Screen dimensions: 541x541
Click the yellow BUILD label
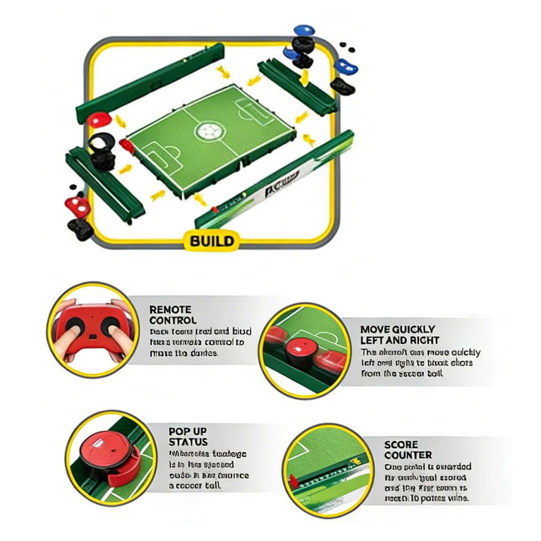[211, 241]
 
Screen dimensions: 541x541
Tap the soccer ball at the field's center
[208, 132]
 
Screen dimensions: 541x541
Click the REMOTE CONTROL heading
[170, 314]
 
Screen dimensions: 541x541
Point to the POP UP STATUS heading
[188, 436]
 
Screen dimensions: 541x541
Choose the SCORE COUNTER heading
[408, 449]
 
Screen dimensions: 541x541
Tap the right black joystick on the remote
[110, 323]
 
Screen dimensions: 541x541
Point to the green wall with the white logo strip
[276, 180]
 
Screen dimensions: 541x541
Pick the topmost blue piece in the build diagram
[304, 30]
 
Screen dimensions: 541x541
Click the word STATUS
[188, 442]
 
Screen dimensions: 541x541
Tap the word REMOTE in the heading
[170, 309]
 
